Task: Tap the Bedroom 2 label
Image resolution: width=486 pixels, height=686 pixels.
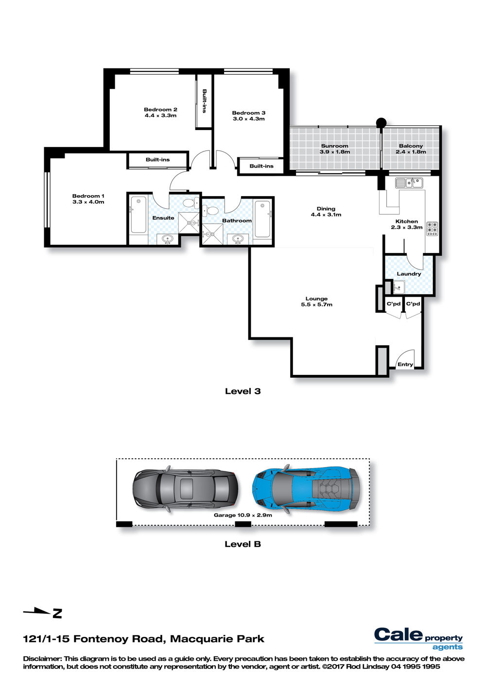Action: point(160,109)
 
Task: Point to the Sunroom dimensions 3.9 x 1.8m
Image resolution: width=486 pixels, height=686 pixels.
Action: point(334,151)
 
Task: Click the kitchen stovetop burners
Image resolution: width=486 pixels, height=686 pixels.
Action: point(432,229)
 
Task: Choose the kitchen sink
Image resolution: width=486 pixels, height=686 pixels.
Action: point(409,183)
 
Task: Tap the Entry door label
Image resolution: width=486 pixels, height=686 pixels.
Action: point(405,364)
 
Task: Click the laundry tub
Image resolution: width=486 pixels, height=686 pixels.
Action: point(399,287)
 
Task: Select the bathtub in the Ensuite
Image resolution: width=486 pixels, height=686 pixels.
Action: point(139,215)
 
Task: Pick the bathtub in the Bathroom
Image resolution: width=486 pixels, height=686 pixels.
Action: point(262,218)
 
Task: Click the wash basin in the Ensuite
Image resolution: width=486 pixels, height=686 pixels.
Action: point(167,238)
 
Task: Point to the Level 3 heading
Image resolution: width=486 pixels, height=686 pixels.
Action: point(243,391)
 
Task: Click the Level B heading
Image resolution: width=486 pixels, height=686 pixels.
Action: point(243,544)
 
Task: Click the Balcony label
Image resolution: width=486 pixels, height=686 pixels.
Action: point(411,146)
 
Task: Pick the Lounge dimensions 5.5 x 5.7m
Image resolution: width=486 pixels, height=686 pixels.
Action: point(316,304)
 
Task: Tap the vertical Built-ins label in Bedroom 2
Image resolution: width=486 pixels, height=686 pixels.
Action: point(204,101)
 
